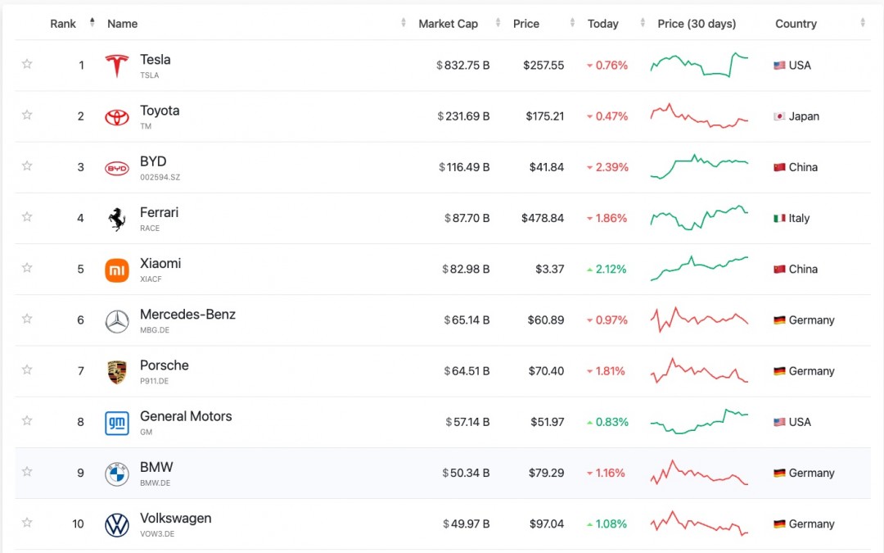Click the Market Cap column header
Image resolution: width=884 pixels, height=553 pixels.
[448, 24]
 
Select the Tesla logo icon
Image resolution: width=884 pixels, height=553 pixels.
[117, 66]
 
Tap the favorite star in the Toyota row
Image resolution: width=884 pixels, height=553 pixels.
[27, 115]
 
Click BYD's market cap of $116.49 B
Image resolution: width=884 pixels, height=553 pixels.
[464, 167]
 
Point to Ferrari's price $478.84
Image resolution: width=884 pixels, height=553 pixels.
[543, 218]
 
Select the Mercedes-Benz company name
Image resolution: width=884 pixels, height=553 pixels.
[187, 315]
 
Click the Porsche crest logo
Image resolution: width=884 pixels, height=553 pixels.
[117, 372]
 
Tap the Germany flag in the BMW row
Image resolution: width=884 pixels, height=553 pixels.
[779, 474]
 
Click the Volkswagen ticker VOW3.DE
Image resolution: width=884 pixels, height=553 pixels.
[157, 534]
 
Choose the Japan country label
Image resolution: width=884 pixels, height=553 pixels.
[804, 116]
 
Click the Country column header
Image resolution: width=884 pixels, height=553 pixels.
[796, 24]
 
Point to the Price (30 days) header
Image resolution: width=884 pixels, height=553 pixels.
[697, 24]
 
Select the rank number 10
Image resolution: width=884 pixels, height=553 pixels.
[78, 524]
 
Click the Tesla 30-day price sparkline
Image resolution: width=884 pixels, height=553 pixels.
[699, 65]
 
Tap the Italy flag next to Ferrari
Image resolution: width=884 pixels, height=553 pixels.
[779, 218]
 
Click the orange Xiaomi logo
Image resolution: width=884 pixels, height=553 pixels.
[117, 270]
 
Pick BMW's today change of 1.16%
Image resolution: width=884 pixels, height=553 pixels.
[607, 473]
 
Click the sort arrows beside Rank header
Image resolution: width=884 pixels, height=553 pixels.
[92, 23]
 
